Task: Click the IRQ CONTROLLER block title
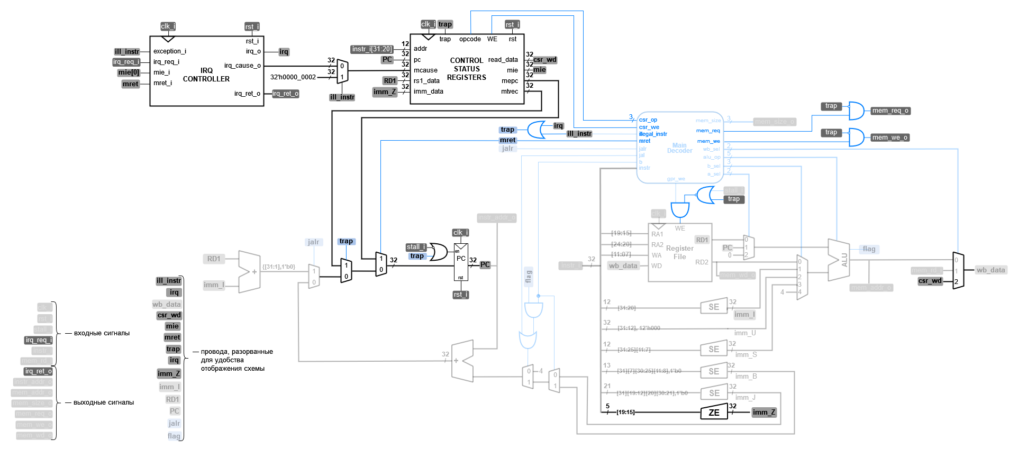tap(206, 75)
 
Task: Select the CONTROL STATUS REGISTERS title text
tap(466, 69)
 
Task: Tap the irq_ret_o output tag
tap(286, 94)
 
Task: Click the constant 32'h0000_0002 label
tap(293, 77)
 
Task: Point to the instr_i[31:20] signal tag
tap(372, 49)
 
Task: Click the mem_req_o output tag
tap(890, 111)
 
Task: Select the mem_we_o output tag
tap(889, 138)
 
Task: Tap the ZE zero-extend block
tap(714, 413)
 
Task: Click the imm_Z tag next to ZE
tap(763, 413)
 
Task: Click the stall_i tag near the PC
tap(416, 247)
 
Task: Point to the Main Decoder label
tap(679, 148)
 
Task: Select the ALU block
tap(839, 260)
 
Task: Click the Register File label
tap(679, 252)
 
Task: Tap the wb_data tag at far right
tap(990, 270)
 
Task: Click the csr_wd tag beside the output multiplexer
tap(930, 281)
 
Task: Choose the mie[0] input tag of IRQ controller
tap(129, 72)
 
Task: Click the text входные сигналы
tap(102, 333)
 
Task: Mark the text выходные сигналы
tap(103, 402)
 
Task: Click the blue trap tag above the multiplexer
tap(346, 241)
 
